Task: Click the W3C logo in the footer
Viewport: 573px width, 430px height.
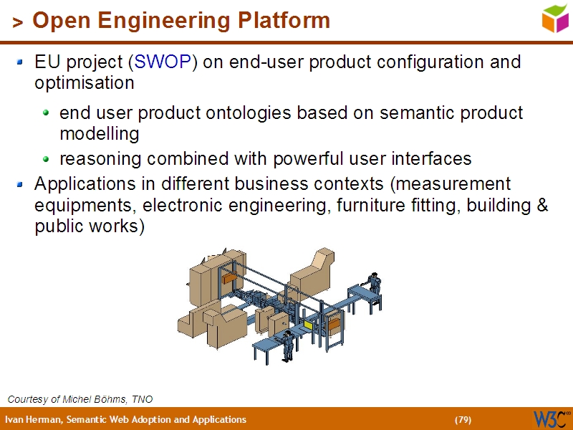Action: click(551, 419)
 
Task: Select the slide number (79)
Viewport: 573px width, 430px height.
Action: click(463, 420)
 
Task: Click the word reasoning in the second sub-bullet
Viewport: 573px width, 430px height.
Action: click(94, 158)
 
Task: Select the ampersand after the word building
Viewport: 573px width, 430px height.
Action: click(542, 206)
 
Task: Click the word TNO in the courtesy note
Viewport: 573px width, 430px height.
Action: click(142, 399)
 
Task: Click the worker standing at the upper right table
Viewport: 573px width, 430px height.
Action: click(373, 283)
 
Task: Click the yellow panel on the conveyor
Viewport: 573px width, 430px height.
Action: click(308, 325)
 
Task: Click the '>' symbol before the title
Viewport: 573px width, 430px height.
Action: click(18, 22)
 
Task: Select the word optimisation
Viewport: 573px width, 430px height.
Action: click(85, 82)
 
